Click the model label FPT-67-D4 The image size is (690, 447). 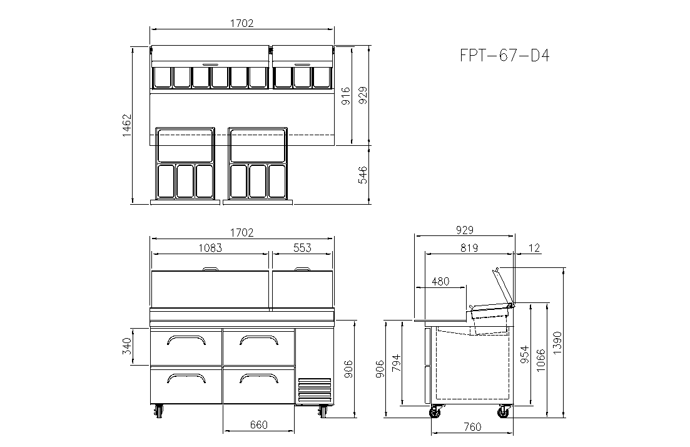(x=505, y=56)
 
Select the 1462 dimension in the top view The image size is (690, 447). (x=127, y=125)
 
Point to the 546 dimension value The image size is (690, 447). (x=363, y=175)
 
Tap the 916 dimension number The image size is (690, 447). (x=346, y=96)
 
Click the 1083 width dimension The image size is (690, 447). (x=210, y=248)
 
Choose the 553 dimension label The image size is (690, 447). (x=302, y=248)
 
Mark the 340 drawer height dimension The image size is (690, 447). (x=127, y=346)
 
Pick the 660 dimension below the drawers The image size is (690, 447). (x=259, y=425)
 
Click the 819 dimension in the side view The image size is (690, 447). (x=469, y=248)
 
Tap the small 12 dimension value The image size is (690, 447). (x=534, y=248)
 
